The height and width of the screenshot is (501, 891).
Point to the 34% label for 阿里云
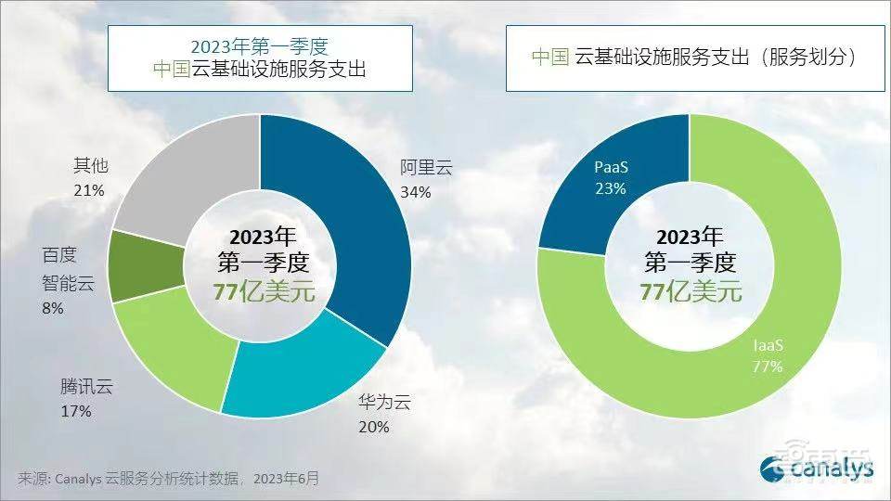click(x=416, y=192)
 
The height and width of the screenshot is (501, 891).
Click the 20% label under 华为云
click(x=374, y=427)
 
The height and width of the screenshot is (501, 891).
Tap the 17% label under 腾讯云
click(x=77, y=410)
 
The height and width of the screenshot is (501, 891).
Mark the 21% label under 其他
click(x=90, y=189)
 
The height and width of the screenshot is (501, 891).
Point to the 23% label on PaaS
click(x=612, y=188)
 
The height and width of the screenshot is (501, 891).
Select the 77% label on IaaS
click(x=768, y=366)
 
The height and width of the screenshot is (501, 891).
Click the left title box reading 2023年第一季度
click(x=259, y=58)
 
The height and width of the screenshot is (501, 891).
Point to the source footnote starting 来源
click(x=168, y=479)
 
